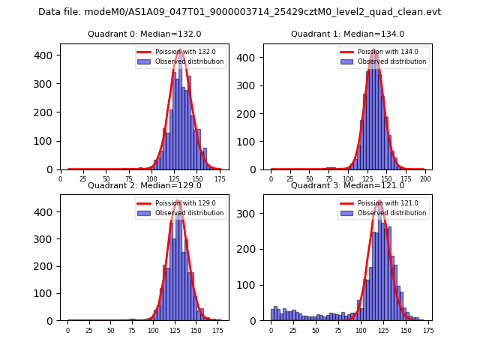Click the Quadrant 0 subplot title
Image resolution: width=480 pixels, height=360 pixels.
point(144,34)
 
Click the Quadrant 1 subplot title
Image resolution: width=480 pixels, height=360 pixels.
point(347,34)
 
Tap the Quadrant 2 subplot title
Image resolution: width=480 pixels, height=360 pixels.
point(144,185)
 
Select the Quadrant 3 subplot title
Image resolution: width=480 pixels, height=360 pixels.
point(347,185)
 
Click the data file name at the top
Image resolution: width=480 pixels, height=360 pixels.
point(239,12)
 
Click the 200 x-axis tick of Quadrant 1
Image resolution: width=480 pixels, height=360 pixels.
point(424,179)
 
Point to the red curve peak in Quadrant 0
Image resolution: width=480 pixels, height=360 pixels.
point(181,50)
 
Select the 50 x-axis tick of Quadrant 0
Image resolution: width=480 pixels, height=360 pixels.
point(106,179)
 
